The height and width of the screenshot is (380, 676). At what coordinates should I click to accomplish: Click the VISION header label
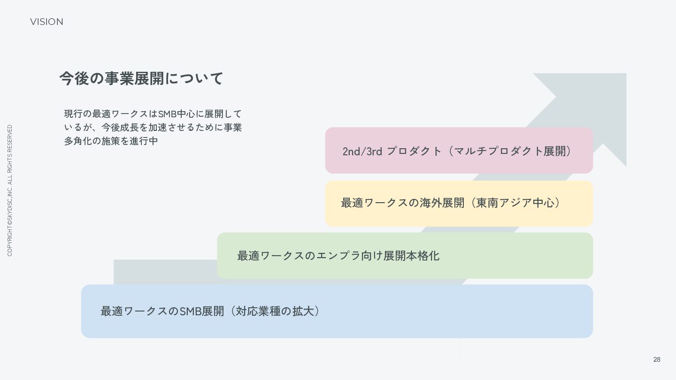coord(46,22)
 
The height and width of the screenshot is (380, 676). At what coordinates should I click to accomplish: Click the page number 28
coord(657,359)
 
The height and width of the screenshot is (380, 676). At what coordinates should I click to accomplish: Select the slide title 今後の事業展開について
coord(141,78)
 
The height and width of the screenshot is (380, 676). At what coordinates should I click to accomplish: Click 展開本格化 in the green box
coord(411,256)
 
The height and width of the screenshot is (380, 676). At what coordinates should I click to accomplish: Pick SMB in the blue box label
coord(190,311)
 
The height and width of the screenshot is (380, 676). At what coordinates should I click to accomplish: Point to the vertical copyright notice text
coord(10,190)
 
